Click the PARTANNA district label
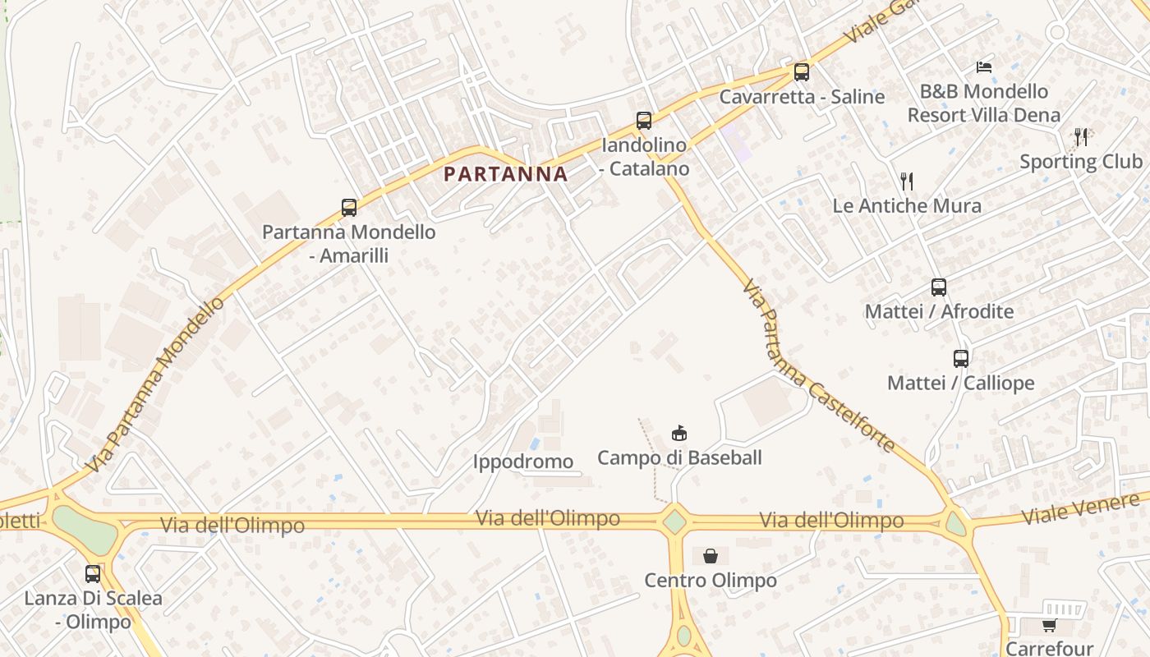click(x=505, y=174)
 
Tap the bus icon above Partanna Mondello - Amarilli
click(x=349, y=208)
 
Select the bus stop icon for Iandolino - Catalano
click(x=644, y=121)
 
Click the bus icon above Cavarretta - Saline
click(x=802, y=72)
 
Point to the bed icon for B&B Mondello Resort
click(x=984, y=67)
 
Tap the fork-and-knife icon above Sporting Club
click(x=1081, y=137)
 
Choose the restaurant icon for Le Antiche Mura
click(x=907, y=181)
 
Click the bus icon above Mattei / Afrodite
click(x=939, y=287)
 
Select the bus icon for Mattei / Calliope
click(x=961, y=359)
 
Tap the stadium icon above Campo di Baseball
click(x=679, y=433)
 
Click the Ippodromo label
click(x=523, y=462)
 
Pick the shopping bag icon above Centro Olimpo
click(x=711, y=556)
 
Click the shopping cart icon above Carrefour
click(x=1049, y=626)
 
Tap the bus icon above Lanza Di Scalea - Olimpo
click(x=93, y=574)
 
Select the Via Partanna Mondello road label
click(x=155, y=384)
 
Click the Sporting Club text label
click(x=1081, y=162)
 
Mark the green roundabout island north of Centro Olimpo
click(x=674, y=521)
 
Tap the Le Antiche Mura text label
click(x=907, y=205)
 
